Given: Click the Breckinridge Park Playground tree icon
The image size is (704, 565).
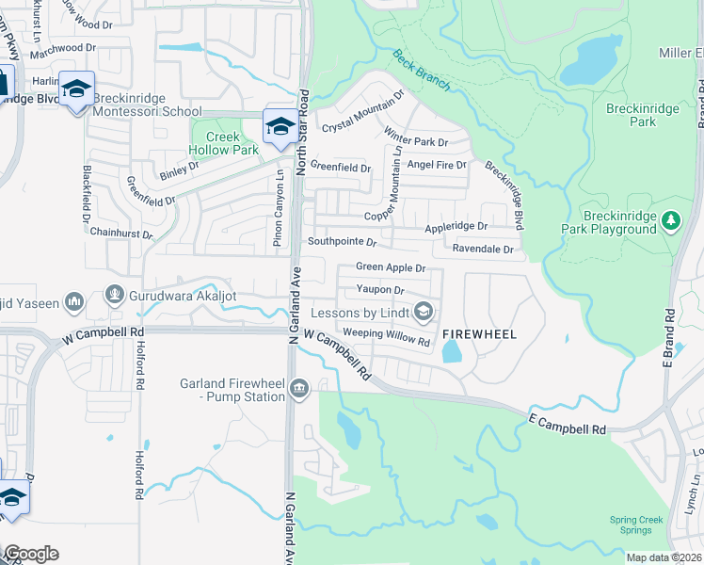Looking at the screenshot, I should pos(670,221).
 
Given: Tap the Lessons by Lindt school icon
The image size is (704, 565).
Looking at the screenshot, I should pos(424,312).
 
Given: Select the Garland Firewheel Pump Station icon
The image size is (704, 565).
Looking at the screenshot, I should pos(299,388).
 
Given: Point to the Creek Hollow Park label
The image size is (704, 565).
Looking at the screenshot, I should pos(224,143).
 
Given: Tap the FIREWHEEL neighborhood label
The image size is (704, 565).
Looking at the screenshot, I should pos(480,334).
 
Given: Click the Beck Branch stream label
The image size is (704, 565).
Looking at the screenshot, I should pos(422,71).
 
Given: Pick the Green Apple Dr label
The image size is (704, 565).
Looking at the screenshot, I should pos(391,268).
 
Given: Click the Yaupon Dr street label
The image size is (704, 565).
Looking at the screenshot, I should pos(380,290).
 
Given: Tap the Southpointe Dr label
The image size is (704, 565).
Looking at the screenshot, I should pos(343,243).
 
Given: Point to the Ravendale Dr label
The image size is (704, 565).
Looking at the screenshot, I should pos(483,250).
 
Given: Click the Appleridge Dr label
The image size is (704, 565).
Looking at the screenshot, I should pos(456,227).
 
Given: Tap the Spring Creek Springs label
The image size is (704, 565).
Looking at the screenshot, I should pos(636,525).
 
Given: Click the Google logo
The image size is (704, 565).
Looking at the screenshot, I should pos(30,554).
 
